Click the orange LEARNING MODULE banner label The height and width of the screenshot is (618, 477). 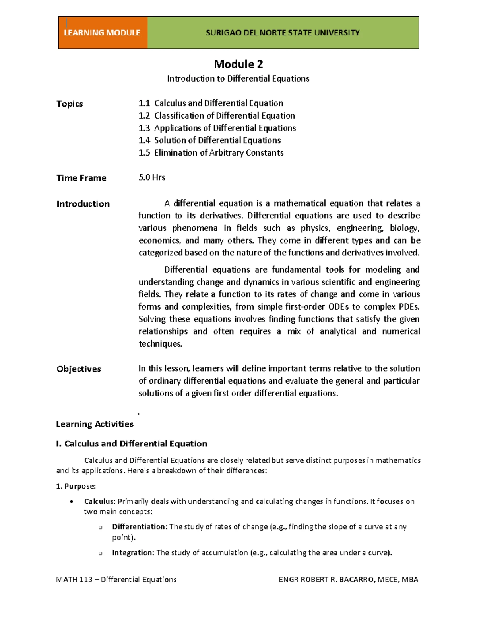(x=102, y=33)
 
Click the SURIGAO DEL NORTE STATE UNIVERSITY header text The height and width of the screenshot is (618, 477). (x=283, y=33)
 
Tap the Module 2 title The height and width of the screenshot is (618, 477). (x=238, y=64)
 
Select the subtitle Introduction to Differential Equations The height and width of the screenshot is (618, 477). (x=238, y=78)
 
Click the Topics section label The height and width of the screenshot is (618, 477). (x=70, y=104)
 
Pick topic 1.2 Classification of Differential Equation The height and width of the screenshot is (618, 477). (x=217, y=115)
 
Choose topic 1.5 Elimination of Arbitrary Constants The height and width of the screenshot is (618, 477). (x=211, y=152)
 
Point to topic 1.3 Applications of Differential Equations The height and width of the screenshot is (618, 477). (x=217, y=128)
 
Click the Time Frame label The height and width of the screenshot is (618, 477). (x=81, y=178)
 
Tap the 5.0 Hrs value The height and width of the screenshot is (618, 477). (x=152, y=177)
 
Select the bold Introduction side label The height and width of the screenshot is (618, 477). (x=83, y=204)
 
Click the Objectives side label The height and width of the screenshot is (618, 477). (x=79, y=369)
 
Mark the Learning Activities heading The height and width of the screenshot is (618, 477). (x=95, y=424)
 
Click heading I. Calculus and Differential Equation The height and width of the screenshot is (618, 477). (x=132, y=444)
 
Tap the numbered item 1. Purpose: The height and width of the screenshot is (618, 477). (x=76, y=486)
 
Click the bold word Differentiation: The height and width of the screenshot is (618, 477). (x=140, y=527)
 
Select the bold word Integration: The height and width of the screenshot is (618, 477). (x=133, y=552)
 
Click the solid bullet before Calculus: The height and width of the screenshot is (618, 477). (x=72, y=501)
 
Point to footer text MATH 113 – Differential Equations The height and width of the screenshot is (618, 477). (x=116, y=579)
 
